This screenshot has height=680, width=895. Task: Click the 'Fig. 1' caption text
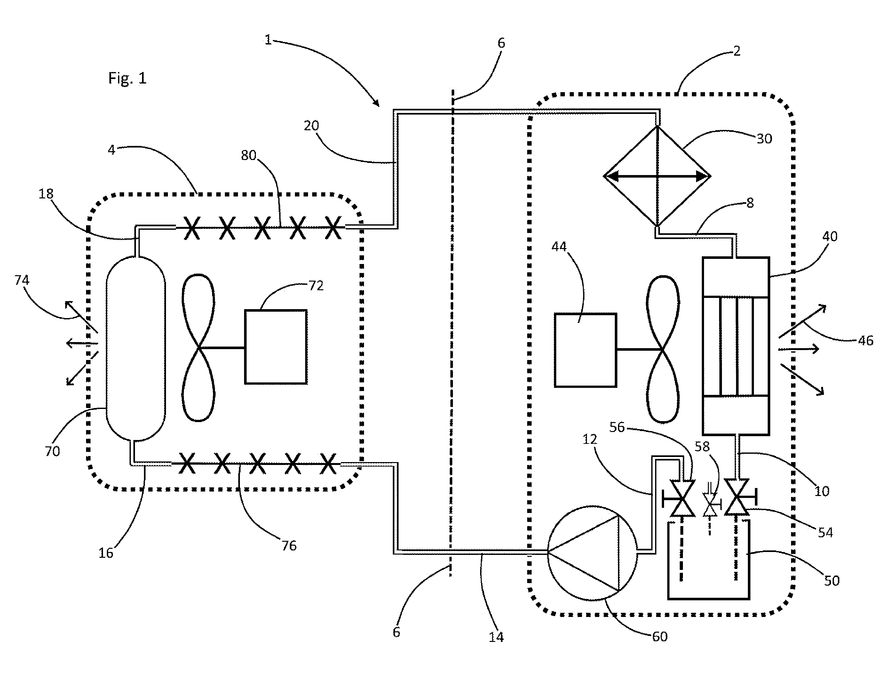point(127,78)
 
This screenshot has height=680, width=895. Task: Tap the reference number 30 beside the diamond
point(764,139)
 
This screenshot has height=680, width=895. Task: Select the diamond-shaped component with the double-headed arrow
point(657,176)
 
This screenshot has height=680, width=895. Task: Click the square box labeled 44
point(585,350)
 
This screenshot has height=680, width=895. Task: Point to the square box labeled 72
point(275,347)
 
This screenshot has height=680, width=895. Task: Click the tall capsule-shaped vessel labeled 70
point(136,348)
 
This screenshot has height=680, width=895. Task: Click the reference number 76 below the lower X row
point(289,546)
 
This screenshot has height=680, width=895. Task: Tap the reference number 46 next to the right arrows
point(866,340)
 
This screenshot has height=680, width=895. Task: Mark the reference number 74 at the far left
point(22,280)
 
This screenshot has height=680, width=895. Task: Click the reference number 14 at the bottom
point(496,637)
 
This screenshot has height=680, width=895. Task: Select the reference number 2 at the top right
point(737,51)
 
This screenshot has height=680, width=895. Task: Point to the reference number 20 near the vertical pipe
point(311,126)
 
